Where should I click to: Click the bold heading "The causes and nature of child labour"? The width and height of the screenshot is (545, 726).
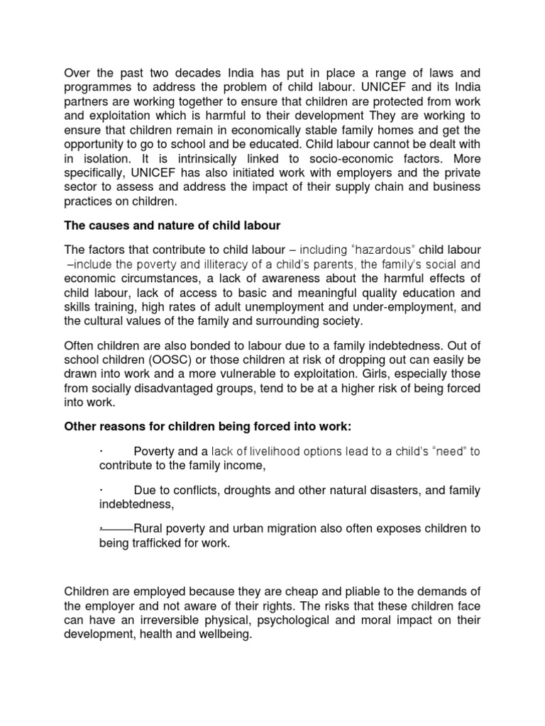172,225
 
